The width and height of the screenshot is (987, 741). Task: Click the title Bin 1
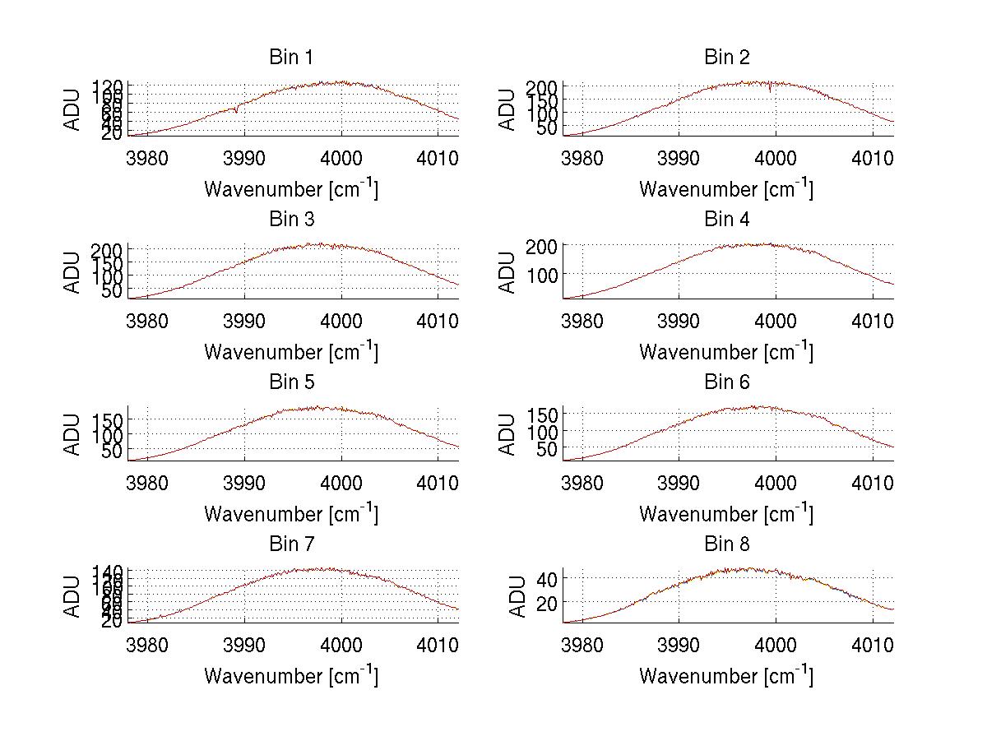click(x=290, y=58)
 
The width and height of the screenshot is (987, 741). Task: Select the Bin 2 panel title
click(x=726, y=58)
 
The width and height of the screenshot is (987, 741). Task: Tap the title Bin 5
click(x=290, y=382)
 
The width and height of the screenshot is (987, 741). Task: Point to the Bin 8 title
click(x=726, y=544)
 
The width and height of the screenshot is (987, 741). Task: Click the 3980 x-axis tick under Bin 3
click(x=148, y=320)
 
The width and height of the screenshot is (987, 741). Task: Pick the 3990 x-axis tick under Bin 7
click(x=244, y=644)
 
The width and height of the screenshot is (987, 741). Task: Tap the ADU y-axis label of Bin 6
click(x=507, y=433)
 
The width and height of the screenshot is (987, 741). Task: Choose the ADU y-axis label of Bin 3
click(x=72, y=271)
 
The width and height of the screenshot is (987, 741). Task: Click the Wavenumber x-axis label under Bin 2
click(x=726, y=189)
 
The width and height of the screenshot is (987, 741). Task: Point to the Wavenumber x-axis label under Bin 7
click(x=290, y=676)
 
